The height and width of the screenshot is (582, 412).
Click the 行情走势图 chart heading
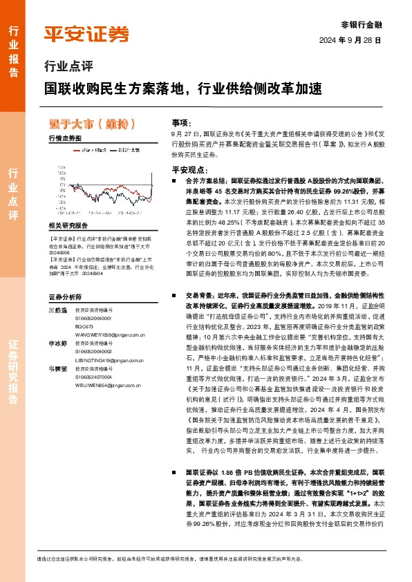pyautogui.click(x=65, y=138)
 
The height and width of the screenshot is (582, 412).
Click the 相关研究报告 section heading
pyautogui.click(x=68, y=225)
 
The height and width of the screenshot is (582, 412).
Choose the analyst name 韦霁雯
pyautogui.click(x=58, y=368)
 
